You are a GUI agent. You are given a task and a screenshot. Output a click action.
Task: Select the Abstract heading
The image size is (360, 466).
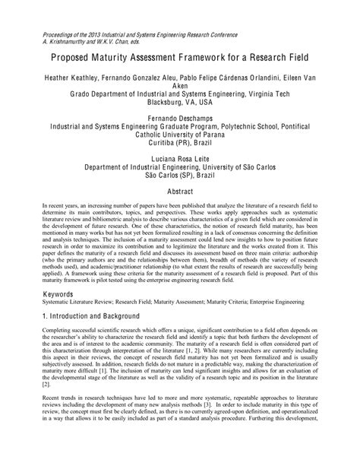point(180,194)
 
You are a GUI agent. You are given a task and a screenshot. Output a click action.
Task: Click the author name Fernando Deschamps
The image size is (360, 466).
point(180,119)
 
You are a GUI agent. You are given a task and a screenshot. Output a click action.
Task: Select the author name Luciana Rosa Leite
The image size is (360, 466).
point(180,157)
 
